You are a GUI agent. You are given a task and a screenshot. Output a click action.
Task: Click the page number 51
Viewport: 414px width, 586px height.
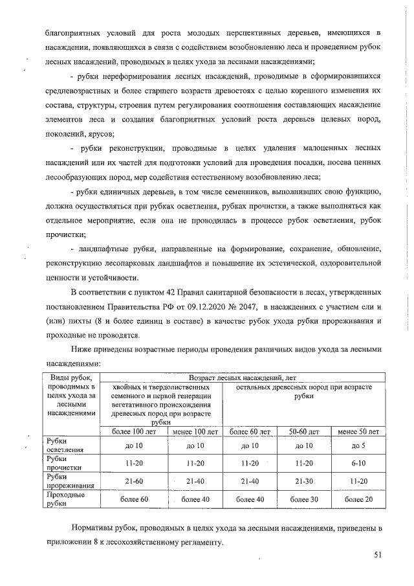pyautogui.click(x=378, y=554)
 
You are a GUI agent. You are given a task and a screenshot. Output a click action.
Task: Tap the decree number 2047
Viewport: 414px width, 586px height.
pyautogui.click(x=274, y=306)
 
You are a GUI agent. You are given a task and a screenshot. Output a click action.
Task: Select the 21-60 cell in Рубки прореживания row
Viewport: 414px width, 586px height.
pyautogui.click(x=135, y=481)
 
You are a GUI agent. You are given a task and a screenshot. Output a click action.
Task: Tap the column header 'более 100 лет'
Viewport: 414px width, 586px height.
pyautogui.click(x=135, y=431)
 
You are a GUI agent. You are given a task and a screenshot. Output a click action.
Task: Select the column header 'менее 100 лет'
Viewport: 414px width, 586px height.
pyautogui.click(x=195, y=431)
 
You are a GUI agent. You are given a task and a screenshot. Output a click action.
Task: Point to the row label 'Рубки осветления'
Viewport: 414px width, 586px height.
pyautogui.click(x=63, y=445)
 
